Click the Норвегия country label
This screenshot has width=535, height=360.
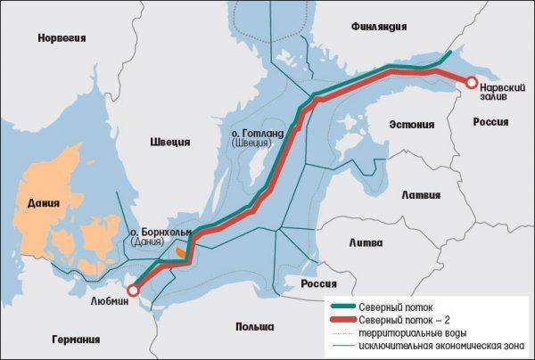point(61,37)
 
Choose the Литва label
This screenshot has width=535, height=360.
point(366,242)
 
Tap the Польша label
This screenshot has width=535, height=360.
point(254,327)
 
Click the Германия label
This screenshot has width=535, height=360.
point(75,339)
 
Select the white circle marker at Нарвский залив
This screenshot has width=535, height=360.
point(469,84)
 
